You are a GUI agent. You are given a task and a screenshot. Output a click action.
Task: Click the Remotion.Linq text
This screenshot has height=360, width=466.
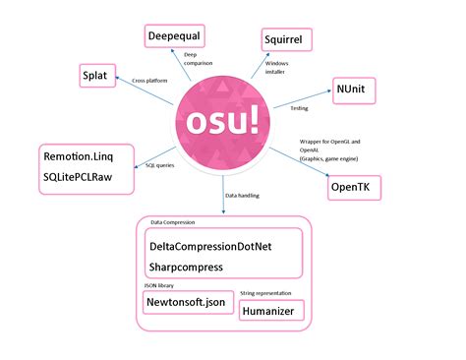[84, 155]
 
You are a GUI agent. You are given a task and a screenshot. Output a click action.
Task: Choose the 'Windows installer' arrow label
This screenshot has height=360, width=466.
[278, 68]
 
